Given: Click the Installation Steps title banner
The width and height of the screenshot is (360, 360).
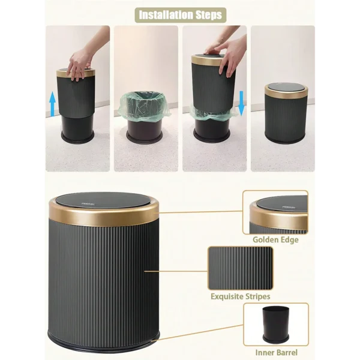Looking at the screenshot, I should pos(179,14).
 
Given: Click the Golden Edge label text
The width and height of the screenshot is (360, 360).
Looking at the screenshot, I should pos(276,240).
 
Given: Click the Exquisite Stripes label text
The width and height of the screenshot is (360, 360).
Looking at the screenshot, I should pos(240,296).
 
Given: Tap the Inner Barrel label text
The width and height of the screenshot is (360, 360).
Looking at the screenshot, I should pos(276,352).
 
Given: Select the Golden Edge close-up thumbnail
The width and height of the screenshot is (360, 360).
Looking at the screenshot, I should pos(276,213).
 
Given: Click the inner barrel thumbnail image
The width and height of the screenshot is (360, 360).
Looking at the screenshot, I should pos(275,325).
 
